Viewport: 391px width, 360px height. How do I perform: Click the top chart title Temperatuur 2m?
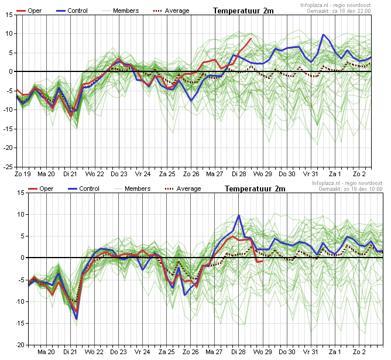point(243,11)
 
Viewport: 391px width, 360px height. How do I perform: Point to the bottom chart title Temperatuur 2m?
point(255,188)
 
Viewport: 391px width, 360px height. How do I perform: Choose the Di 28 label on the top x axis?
point(239,174)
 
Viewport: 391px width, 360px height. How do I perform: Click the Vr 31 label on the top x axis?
point(311,174)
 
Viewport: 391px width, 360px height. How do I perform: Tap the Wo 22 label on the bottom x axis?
point(95,352)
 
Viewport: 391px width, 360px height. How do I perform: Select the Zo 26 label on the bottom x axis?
point(191,352)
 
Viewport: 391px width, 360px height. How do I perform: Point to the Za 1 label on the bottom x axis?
point(335,352)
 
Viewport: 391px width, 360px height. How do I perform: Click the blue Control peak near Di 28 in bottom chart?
point(239,215)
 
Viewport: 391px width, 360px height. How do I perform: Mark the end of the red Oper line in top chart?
point(251,39)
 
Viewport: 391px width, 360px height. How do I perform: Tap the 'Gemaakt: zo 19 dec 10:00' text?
point(351,189)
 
